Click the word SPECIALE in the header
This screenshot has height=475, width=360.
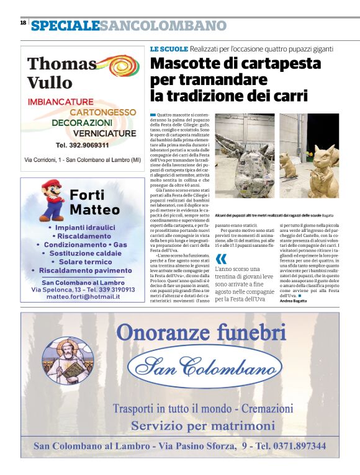tap(65, 25)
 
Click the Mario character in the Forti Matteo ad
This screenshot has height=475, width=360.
tap(53, 198)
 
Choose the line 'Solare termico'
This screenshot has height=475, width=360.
tap(82, 262)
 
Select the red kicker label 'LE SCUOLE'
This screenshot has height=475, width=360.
tap(168, 48)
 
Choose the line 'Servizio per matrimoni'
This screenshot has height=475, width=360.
tap(202, 426)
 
